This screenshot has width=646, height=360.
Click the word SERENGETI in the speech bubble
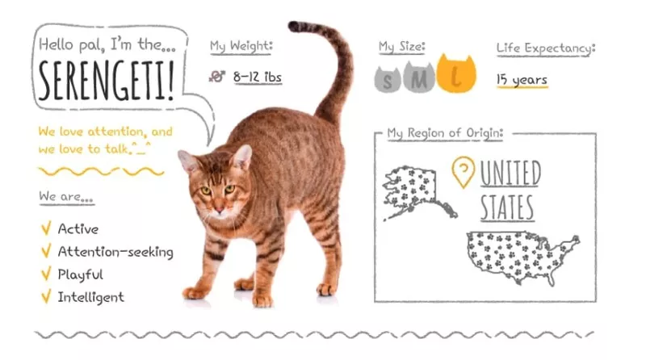click(107, 81)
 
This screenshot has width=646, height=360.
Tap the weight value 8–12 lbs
click(258, 77)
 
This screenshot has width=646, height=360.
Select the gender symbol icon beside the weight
click(216, 76)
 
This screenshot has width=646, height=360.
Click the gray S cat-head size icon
click(388, 79)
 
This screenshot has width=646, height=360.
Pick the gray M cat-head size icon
click(418, 77)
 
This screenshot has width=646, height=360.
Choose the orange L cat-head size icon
click(456, 73)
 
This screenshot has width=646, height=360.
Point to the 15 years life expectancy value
click(522, 79)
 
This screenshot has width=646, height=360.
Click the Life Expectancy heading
click(546, 48)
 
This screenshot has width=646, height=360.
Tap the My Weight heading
click(241, 46)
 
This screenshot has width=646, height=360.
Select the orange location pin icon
click(463, 172)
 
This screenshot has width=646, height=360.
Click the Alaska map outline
click(419, 192)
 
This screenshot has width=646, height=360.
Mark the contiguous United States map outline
click(522, 257)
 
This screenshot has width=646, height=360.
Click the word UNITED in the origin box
click(510, 174)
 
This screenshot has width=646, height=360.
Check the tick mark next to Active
click(46, 228)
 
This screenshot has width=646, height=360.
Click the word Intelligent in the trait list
click(90, 297)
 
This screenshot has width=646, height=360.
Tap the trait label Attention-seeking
click(115, 252)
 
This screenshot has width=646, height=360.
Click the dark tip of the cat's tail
click(294, 27)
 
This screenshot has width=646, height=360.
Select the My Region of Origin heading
click(445, 133)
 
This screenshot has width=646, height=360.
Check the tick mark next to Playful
click(46, 273)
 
